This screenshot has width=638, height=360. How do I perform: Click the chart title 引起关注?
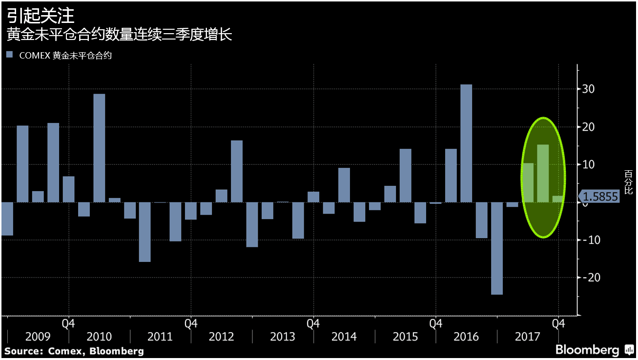click(x=41, y=16)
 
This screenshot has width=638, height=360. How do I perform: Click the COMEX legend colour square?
click(x=10, y=55)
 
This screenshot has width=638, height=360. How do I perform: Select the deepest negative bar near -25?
click(x=497, y=248)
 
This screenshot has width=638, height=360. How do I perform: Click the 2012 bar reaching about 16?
click(x=237, y=171)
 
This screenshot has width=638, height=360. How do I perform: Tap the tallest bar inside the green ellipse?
click(x=543, y=173)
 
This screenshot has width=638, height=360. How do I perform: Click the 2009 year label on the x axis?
click(x=38, y=337)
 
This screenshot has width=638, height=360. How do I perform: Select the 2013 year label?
click(x=283, y=337)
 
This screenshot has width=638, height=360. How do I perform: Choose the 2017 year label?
click(x=528, y=337)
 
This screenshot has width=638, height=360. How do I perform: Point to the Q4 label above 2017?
click(x=558, y=323)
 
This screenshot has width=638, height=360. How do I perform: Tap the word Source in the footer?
click(x=22, y=351)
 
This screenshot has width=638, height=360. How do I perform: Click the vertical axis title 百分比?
click(x=628, y=182)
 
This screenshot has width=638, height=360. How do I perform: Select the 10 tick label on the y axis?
click(x=589, y=164)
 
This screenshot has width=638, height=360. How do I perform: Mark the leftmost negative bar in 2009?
click(x=7, y=219)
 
